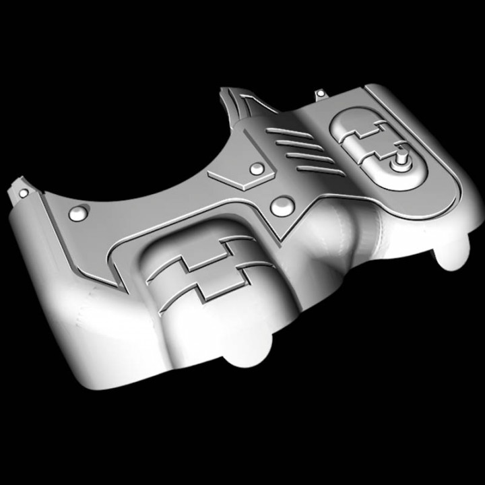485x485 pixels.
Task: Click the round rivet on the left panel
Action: [x=79, y=214]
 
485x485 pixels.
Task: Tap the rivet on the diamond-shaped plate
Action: [x=257, y=169]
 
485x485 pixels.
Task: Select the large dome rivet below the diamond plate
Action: [x=282, y=205]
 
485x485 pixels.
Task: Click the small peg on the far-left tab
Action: [x=24, y=193]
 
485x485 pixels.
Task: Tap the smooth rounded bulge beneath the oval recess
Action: [x=364, y=226]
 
